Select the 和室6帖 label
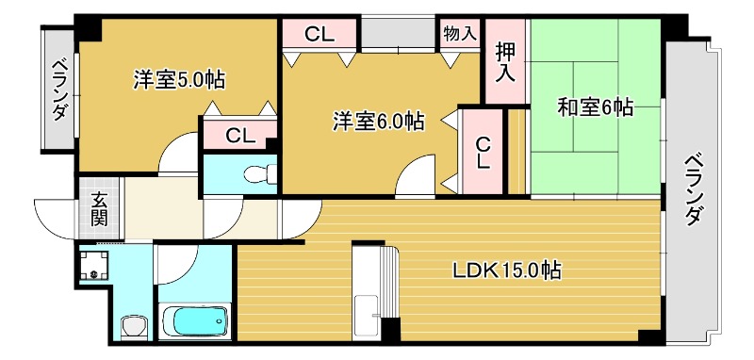tap(594, 107)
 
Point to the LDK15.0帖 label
tap(507, 271)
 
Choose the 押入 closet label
tap(506, 63)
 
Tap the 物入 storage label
tap(459, 34)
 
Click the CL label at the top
tap(320, 35)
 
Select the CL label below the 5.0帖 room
tap(238, 135)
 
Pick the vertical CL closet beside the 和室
tap(483, 154)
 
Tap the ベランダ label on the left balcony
tap(59, 90)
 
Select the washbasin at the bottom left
tap(135, 326)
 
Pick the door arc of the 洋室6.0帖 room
tap(414, 179)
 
